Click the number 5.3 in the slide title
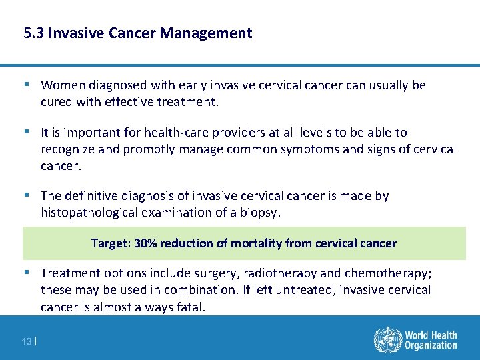pyautogui.click(x=33, y=33)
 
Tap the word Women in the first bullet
pyautogui.click(x=61, y=85)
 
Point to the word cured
pyautogui.click(x=57, y=102)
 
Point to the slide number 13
pyautogui.click(x=27, y=341)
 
